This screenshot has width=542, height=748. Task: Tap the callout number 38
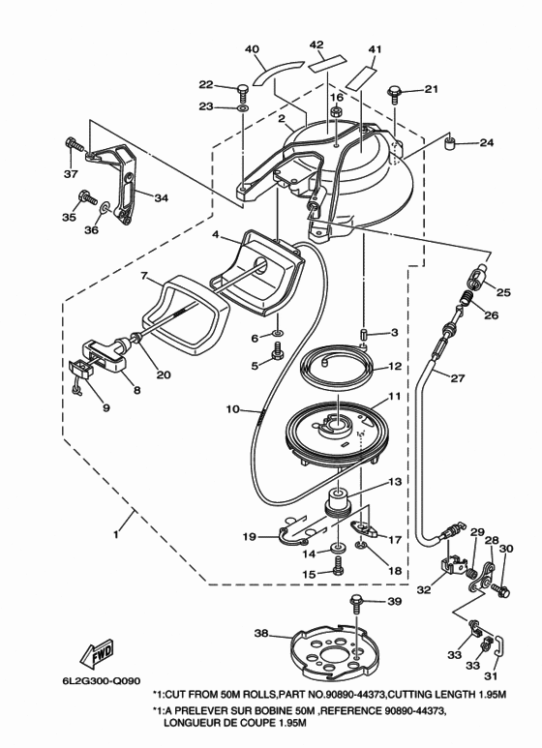(262, 634)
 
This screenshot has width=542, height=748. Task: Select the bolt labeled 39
(357, 604)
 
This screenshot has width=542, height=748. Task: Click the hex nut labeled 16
(336, 112)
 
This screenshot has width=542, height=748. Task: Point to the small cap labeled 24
(449, 142)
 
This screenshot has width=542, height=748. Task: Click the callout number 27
(457, 378)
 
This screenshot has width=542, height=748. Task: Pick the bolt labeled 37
(74, 143)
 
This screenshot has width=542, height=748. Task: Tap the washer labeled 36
(105, 207)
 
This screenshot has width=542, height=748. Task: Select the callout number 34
(161, 197)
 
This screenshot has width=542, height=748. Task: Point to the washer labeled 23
(242, 108)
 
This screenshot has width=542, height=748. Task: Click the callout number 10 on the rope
(232, 409)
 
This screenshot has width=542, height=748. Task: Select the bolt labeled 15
(339, 566)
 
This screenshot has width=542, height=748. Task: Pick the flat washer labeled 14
(339, 545)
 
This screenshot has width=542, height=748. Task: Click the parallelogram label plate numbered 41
(361, 77)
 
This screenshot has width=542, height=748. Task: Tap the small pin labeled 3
(364, 333)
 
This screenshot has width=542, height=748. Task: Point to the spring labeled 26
(466, 302)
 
